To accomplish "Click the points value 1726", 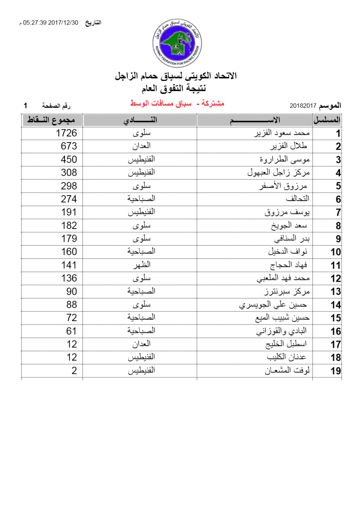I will [67, 133].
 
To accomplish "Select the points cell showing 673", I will [69, 146].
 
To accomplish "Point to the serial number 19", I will [336, 371].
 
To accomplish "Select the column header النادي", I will [140, 120].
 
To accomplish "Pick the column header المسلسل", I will [327, 120].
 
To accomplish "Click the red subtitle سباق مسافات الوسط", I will [176, 103].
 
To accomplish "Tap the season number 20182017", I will [304, 105].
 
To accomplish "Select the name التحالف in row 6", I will [298, 199].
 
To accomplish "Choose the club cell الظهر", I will [140, 265].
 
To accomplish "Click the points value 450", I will [69, 159].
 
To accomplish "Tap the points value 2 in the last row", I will [74, 370].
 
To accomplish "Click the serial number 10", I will [336, 252].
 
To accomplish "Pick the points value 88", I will [72, 305].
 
